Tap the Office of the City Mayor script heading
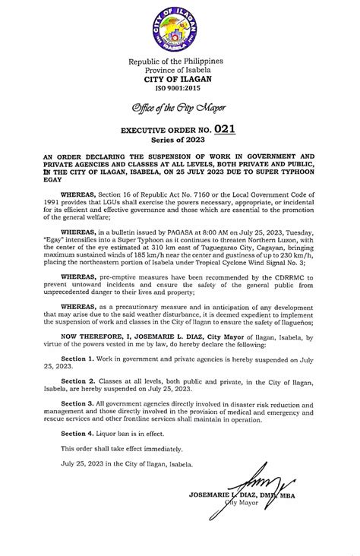tap(179, 105)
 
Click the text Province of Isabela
tap(179, 70)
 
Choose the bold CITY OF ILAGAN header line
tap(179, 79)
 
